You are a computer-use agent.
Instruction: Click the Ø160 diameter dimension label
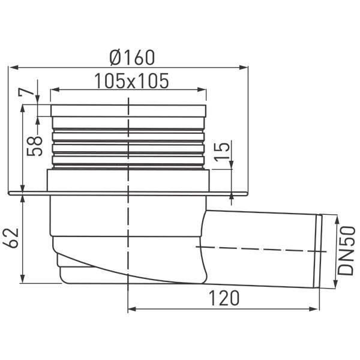tap(132, 58)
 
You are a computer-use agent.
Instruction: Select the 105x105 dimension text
tap(131, 81)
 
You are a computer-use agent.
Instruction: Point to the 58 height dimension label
tap(34, 146)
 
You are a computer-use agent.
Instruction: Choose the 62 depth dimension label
tap(11, 238)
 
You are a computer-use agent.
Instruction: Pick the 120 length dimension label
tap(224, 298)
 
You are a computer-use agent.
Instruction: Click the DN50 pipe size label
tap(346, 251)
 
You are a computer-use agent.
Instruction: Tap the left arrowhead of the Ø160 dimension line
tap(14, 67)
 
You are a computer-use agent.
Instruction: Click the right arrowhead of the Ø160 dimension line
tap(244, 67)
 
